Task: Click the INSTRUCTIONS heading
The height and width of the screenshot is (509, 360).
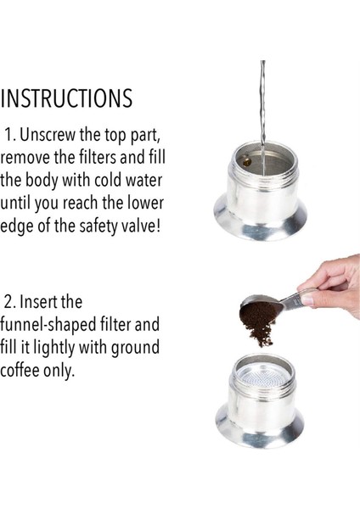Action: pyautogui.click(x=66, y=98)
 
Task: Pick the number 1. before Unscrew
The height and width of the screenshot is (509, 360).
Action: pyautogui.click(x=13, y=135)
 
